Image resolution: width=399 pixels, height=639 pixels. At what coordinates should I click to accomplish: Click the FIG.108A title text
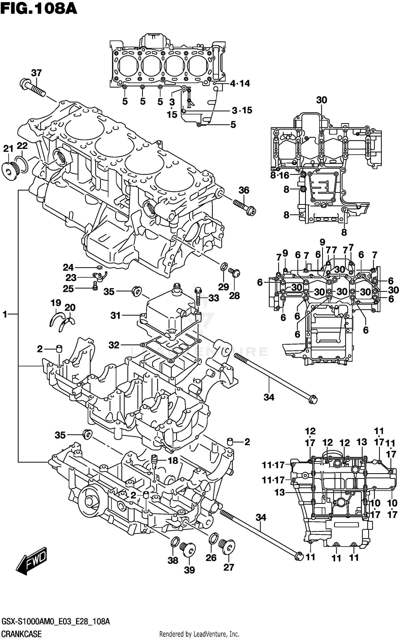point(39,9)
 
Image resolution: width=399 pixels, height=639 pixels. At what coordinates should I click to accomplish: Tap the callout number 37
point(36,73)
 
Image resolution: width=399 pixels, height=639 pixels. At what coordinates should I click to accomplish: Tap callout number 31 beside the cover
point(116,316)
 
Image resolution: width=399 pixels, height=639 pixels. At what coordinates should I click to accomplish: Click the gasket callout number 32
point(114,345)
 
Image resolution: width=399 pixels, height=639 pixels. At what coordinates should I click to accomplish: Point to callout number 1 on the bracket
point(5,314)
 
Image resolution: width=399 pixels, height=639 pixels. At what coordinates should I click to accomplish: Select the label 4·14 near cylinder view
point(240,84)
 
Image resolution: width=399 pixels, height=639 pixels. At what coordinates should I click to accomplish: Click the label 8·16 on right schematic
point(279,175)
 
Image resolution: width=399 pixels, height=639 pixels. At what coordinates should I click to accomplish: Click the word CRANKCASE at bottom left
point(21,634)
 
